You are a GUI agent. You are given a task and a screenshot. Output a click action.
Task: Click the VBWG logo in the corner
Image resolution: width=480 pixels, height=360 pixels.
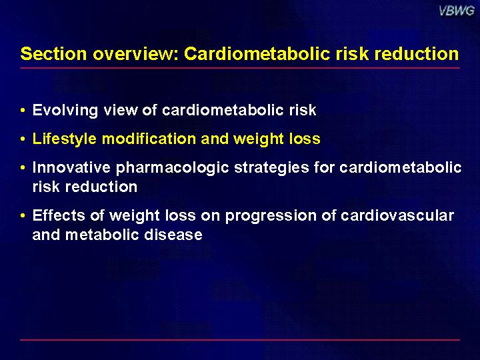pos(457,11)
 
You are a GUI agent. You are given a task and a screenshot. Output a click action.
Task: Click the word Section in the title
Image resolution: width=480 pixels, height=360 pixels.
pos(53,54)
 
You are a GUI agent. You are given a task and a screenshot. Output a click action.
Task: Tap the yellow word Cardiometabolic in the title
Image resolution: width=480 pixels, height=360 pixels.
pos(257,54)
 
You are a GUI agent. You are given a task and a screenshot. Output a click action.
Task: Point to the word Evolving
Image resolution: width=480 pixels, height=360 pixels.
pos(65,110)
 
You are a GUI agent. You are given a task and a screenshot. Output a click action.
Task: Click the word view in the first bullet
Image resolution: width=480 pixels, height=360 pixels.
pos(121,110)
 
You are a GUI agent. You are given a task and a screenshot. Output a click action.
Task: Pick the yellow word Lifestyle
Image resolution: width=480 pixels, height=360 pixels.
pos(65,139)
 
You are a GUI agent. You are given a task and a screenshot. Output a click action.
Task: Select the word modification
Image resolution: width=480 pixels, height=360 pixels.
pos(149,139)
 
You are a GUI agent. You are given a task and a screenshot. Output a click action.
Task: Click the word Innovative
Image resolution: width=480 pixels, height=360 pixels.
pos(71,167)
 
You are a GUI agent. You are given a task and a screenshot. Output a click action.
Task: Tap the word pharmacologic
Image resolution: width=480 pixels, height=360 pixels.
pos(172,168)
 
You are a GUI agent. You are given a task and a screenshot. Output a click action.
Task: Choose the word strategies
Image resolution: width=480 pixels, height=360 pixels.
pos(271,168)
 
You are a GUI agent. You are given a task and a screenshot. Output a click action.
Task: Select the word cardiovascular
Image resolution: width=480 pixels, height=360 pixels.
pos(397,215)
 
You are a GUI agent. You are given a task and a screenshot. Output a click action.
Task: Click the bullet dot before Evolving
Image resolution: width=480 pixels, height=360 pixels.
pos(23,111)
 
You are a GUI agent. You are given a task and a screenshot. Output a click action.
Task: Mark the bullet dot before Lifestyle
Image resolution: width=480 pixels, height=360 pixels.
pos(23,139)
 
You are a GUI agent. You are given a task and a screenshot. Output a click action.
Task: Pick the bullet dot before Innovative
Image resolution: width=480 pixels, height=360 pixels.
pos(23,168)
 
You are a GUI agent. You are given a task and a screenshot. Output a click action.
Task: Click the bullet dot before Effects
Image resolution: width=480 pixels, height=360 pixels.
pos(23,216)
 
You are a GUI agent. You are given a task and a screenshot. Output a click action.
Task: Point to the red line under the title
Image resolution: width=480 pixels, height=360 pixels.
pos(240,68)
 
